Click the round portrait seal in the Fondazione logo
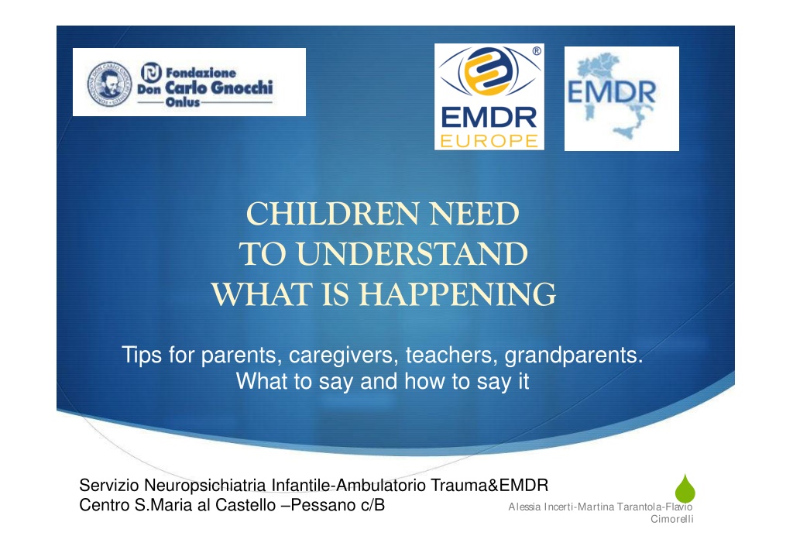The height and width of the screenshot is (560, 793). pos(109,84)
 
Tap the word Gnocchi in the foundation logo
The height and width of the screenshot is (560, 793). pos(242,88)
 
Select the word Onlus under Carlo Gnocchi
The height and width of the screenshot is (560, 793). pos(183,102)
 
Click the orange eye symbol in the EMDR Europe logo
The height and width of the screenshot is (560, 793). pos(488,71)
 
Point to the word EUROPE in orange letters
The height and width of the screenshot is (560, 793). pos(489,141)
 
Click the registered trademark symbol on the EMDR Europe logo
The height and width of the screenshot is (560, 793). pos(537,51)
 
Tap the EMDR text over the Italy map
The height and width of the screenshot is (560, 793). pos(612,92)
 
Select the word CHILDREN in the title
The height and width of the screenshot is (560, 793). pos(332,214)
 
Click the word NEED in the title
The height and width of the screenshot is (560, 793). pos(475,214)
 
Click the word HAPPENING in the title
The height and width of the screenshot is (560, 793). pos(457,294)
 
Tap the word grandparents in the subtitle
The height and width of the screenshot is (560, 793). pos(574,355)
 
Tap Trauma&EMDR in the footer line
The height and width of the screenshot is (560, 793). pos(489,485)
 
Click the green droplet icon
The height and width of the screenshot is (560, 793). pos(685,489)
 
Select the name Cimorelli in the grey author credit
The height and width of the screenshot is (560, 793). pos(671,519)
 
